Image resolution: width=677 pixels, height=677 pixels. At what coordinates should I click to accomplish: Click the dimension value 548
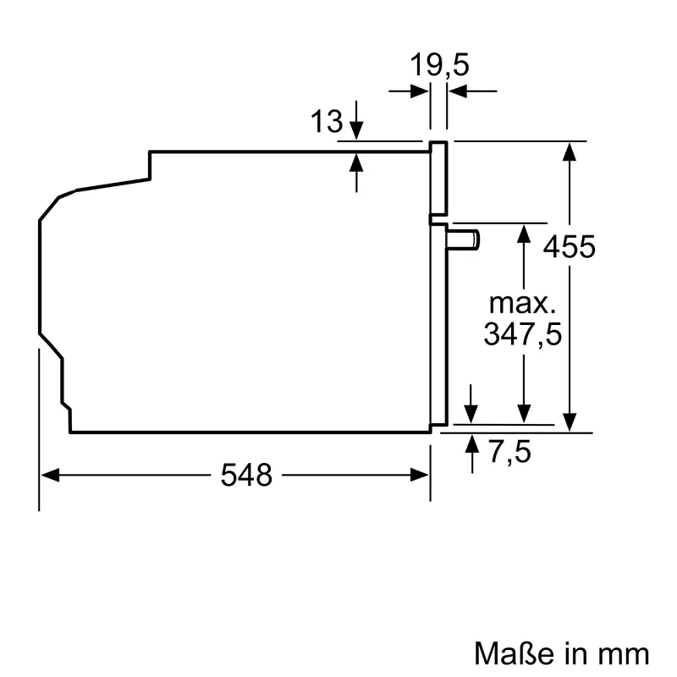[x=247, y=476]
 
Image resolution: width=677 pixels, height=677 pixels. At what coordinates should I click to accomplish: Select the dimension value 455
[x=570, y=248]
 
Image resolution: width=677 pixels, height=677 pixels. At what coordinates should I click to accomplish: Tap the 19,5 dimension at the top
[x=439, y=64]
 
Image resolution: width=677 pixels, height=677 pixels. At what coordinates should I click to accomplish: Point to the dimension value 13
[x=326, y=123]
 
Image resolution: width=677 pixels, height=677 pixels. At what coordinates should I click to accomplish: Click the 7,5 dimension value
[x=510, y=453]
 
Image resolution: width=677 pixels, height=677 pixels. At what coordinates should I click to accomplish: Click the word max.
[x=523, y=301]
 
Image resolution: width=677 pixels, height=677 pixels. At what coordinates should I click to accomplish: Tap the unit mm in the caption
[x=625, y=653]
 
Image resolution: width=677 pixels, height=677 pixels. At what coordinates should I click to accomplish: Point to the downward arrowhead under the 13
[x=356, y=130]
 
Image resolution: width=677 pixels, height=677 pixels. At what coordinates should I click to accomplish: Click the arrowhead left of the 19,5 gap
[x=420, y=91]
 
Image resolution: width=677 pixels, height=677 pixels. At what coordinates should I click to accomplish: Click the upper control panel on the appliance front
[x=438, y=178]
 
